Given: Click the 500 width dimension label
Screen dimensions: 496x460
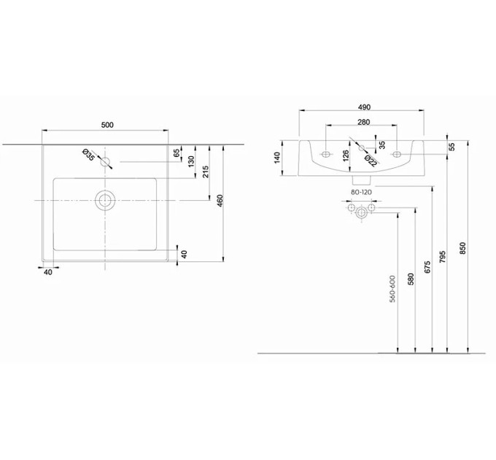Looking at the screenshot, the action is (107, 125).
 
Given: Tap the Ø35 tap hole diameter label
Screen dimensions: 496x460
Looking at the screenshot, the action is (88, 155).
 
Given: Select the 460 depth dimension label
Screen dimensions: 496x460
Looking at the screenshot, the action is (220, 201).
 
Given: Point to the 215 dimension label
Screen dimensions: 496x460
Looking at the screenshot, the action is (206, 172).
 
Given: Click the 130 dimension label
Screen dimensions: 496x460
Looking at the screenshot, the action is (191, 161).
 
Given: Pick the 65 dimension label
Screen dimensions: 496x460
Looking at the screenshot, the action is (177, 153).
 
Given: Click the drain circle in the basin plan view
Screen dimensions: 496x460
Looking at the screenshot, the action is (105, 200).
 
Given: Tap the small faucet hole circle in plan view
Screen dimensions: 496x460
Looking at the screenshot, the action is (105, 162).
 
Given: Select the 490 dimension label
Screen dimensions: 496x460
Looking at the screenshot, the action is (364, 107).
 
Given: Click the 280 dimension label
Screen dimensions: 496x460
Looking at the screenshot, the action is (363, 122).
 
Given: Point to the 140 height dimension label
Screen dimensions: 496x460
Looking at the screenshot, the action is (277, 158).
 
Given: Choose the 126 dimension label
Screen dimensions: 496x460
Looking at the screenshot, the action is (346, 156).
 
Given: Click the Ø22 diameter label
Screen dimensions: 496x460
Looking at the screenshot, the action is (371, 161).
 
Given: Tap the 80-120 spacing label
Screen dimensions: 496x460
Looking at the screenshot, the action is (361, 192).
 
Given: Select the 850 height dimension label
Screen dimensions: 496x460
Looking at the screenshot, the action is (462, 248).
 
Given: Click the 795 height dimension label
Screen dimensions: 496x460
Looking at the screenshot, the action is (443, 257).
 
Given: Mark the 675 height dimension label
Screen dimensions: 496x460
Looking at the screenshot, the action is (427, 267).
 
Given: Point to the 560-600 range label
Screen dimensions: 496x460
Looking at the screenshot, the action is (392, 288).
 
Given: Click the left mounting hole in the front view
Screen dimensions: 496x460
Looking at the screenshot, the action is (325, 154).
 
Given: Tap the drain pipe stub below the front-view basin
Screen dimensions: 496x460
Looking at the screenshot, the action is (361, 180).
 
